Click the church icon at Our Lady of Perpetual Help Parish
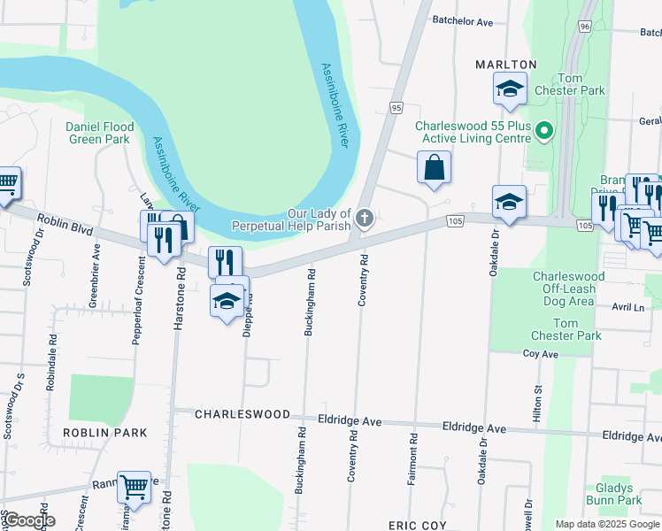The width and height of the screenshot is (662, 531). (x=364, y=217)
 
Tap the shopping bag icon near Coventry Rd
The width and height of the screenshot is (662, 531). (x=434, y=167)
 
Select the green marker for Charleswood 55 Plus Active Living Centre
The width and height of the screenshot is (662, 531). (x=544, y=133)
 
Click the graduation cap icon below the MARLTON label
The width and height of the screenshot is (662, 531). (x=509, y=88)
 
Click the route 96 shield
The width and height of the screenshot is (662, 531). (x=585, y=27)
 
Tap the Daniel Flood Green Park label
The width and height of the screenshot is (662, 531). (x=100, y=133)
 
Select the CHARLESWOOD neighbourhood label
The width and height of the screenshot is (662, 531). (x=242, y=414)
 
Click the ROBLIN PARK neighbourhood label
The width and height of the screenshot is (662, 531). (x=104, y=432)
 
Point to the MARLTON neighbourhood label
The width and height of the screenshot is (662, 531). (x=506, y=65)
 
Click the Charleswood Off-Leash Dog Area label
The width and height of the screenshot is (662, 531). (x=568, y=289)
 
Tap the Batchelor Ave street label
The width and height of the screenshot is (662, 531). (x=462, y=20)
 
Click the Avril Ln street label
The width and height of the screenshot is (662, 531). (x=627, y=307)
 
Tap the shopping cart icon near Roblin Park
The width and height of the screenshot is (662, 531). (x=134, y=486)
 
